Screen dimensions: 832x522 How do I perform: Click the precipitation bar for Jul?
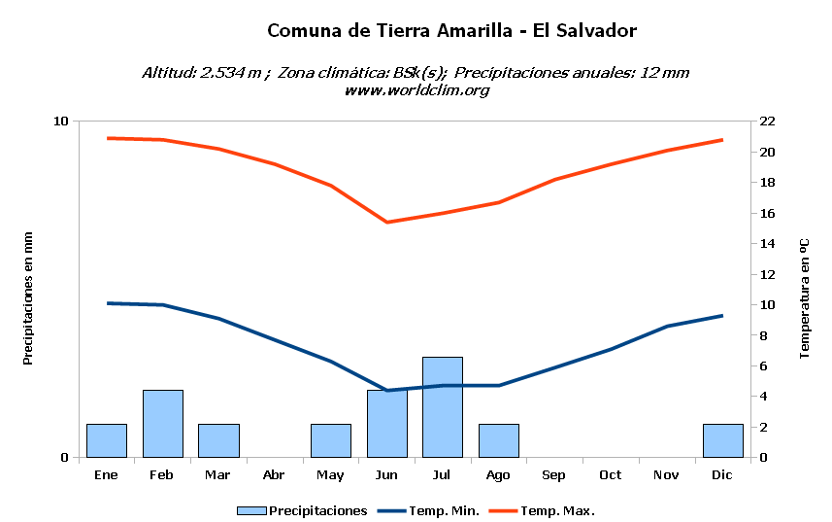443,407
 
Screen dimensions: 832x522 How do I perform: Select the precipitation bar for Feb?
163,424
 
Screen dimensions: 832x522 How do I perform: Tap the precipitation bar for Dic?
722,440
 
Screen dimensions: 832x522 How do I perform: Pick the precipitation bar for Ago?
499,440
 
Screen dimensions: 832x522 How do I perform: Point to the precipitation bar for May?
331,440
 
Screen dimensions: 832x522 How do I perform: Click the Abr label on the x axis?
274,474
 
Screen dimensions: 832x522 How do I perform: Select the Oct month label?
611,474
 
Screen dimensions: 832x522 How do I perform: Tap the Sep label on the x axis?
553,475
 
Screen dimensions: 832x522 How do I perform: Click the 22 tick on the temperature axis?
767,122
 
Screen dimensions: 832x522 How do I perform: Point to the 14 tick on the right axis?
767,244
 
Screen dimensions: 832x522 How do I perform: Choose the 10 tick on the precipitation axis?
61,122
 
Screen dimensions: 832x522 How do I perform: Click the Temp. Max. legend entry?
542,511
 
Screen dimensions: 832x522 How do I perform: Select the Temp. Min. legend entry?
428,511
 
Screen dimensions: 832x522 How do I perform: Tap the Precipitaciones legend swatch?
251,511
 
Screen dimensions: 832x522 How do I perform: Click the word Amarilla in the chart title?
475,30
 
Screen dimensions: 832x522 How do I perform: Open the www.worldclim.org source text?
416,90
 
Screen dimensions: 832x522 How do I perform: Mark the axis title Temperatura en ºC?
805,298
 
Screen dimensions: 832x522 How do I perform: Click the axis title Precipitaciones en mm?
27,298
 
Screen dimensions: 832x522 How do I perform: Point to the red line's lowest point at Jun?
386,222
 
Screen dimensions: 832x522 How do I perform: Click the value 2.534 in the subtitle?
222,73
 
